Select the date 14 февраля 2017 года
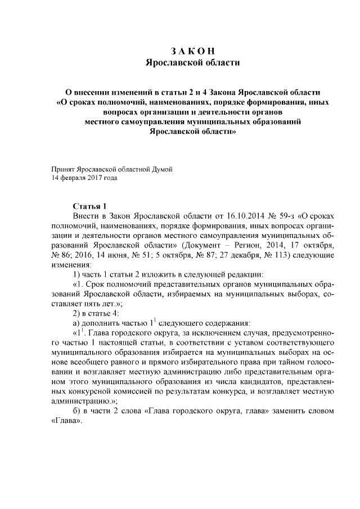pos(84,178)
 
